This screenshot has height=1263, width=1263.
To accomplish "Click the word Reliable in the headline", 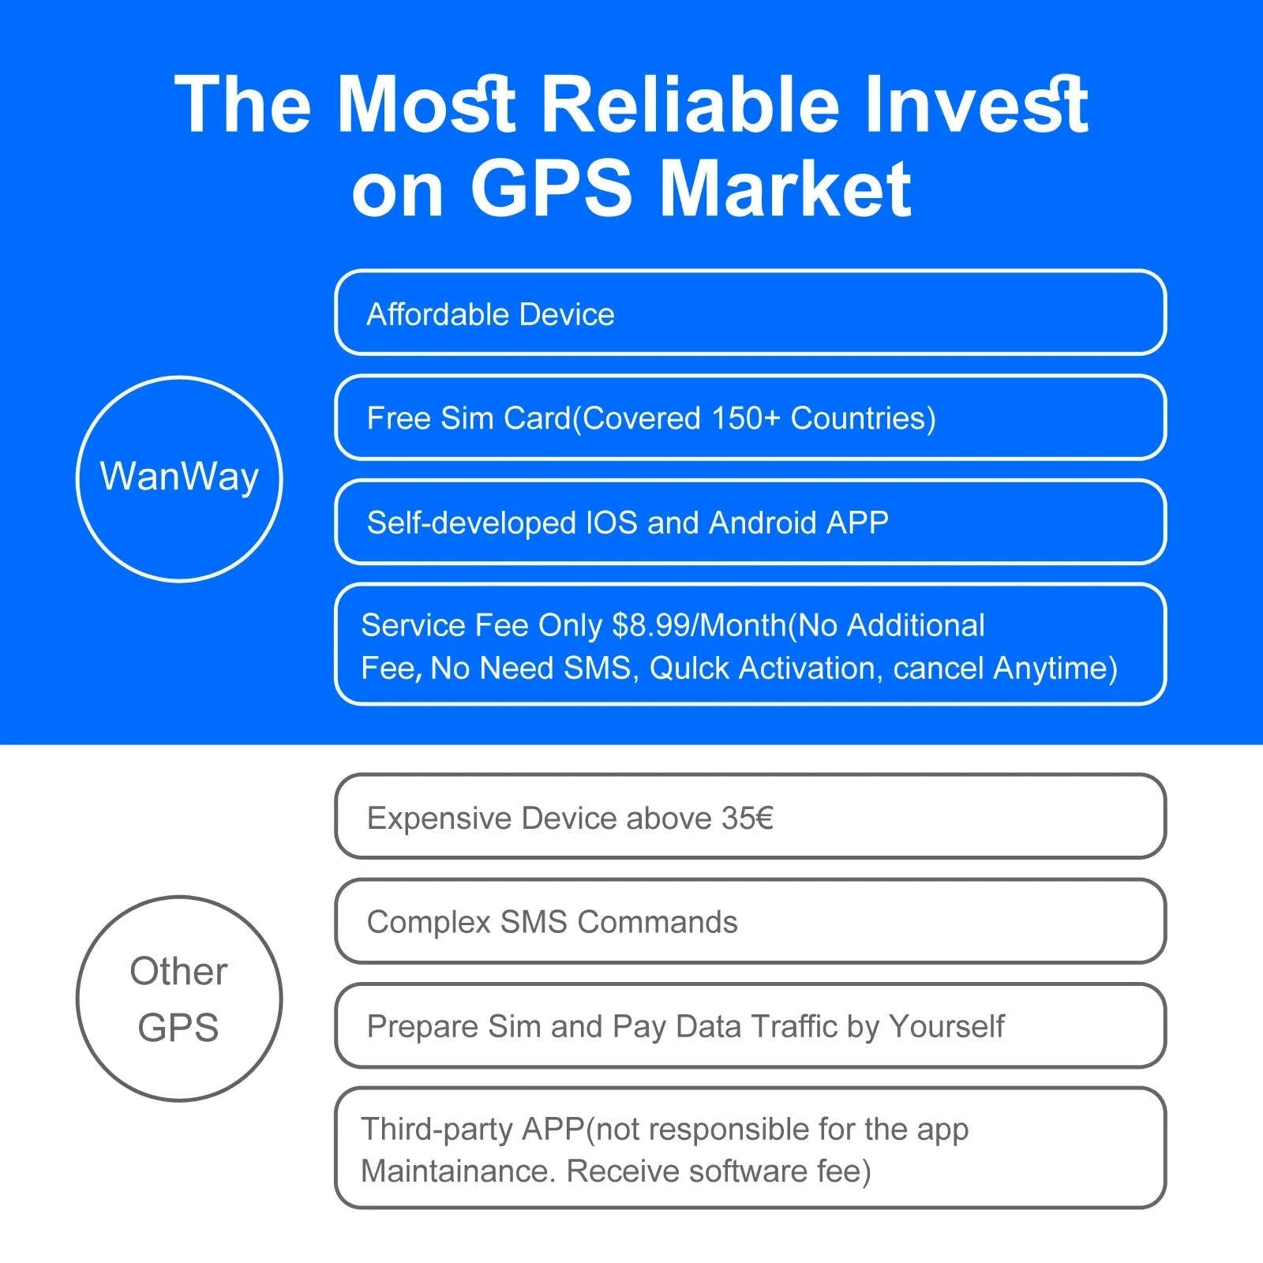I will (691, 104).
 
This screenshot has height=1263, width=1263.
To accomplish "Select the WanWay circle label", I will (179, 478).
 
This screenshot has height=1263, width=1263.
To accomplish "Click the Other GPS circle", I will (179, 998).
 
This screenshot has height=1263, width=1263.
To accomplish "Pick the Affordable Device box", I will (750, 313).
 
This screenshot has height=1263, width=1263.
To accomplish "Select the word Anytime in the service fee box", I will (1055, 668).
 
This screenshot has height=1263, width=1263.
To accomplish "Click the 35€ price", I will (748, 818).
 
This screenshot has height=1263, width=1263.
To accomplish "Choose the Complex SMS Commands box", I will (750, 921).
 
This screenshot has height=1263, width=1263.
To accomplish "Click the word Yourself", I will (946, 1026).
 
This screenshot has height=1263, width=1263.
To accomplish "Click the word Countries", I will (863, 418).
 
